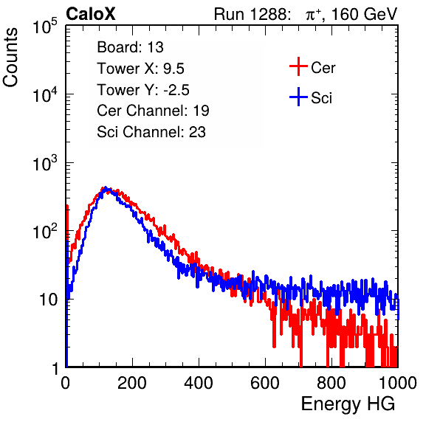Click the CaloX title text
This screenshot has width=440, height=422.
coord(91,14)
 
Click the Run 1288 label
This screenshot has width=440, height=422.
coord(252,14)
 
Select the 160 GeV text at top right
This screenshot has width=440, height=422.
coord(364,14)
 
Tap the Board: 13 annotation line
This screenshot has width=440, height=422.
coord(130,47)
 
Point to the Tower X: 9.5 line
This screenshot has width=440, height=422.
coord(140,69)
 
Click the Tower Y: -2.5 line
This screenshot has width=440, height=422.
coord(143,90)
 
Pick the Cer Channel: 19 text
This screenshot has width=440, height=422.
coord(153,111)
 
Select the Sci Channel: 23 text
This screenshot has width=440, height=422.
coord(151,132)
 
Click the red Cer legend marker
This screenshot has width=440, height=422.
coord(298,66)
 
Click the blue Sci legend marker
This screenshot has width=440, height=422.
coord(298,97)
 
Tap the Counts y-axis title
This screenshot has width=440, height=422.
coord(10,58)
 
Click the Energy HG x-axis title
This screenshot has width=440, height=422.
coord(348,404)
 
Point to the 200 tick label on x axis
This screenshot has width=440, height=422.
coord(132,383)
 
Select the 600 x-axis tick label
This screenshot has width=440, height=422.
coord(265,383)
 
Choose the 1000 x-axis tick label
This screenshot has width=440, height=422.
coord(398,383)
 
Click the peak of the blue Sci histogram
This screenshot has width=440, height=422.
coord(106,187)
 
